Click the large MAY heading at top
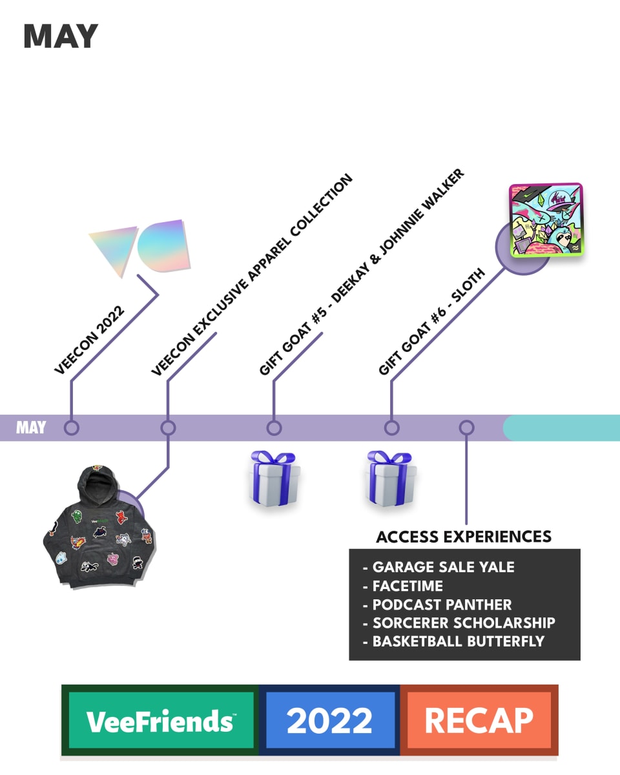click(x=61, y=37)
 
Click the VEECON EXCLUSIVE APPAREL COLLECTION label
click(x=252, y=275)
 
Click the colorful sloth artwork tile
click(x=546, y=220)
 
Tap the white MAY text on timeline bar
click(x=31, y=428)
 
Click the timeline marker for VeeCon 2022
click(x=72, y=428)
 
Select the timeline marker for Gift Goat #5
click(x=274, y=428)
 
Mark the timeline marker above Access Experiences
click(x=466, y=428)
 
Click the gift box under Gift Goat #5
click(x=274, y=478)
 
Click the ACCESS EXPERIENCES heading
click(x=464, y=537)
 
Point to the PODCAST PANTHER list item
click(x=442, y=604)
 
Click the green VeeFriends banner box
click(x=160, y=720)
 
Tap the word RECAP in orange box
click(x=479, y=720)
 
